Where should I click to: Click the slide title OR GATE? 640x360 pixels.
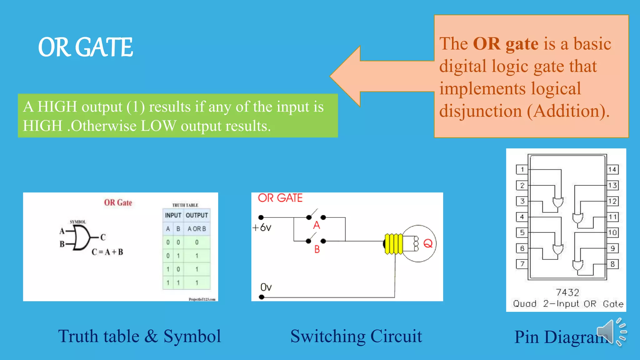[85, 47]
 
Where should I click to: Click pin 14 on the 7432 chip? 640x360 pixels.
[612, 169]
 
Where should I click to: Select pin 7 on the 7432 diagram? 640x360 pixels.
[522, 264]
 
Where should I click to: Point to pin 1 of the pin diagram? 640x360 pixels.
[522, 169]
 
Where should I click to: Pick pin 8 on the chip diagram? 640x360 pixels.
[612, 264]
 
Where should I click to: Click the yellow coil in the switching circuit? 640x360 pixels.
[393, 244]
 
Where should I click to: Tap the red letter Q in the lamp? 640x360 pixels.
[428, 243]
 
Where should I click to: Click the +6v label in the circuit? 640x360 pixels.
[262, 227]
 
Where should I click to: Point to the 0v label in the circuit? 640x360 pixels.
[266, 287]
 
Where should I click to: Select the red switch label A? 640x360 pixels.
[317, 225]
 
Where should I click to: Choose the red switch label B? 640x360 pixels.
[317, 249]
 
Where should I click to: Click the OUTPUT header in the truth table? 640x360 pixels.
[197, 215]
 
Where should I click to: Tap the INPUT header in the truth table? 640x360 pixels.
[173, 215]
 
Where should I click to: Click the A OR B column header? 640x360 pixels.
[197, 229]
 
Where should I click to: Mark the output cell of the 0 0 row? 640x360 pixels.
[197, 242]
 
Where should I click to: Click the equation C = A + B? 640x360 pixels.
[107, 252]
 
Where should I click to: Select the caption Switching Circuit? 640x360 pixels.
[356, 336]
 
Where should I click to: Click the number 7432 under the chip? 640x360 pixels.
[567, 292]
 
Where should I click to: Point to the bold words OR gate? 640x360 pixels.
[505, 43]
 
